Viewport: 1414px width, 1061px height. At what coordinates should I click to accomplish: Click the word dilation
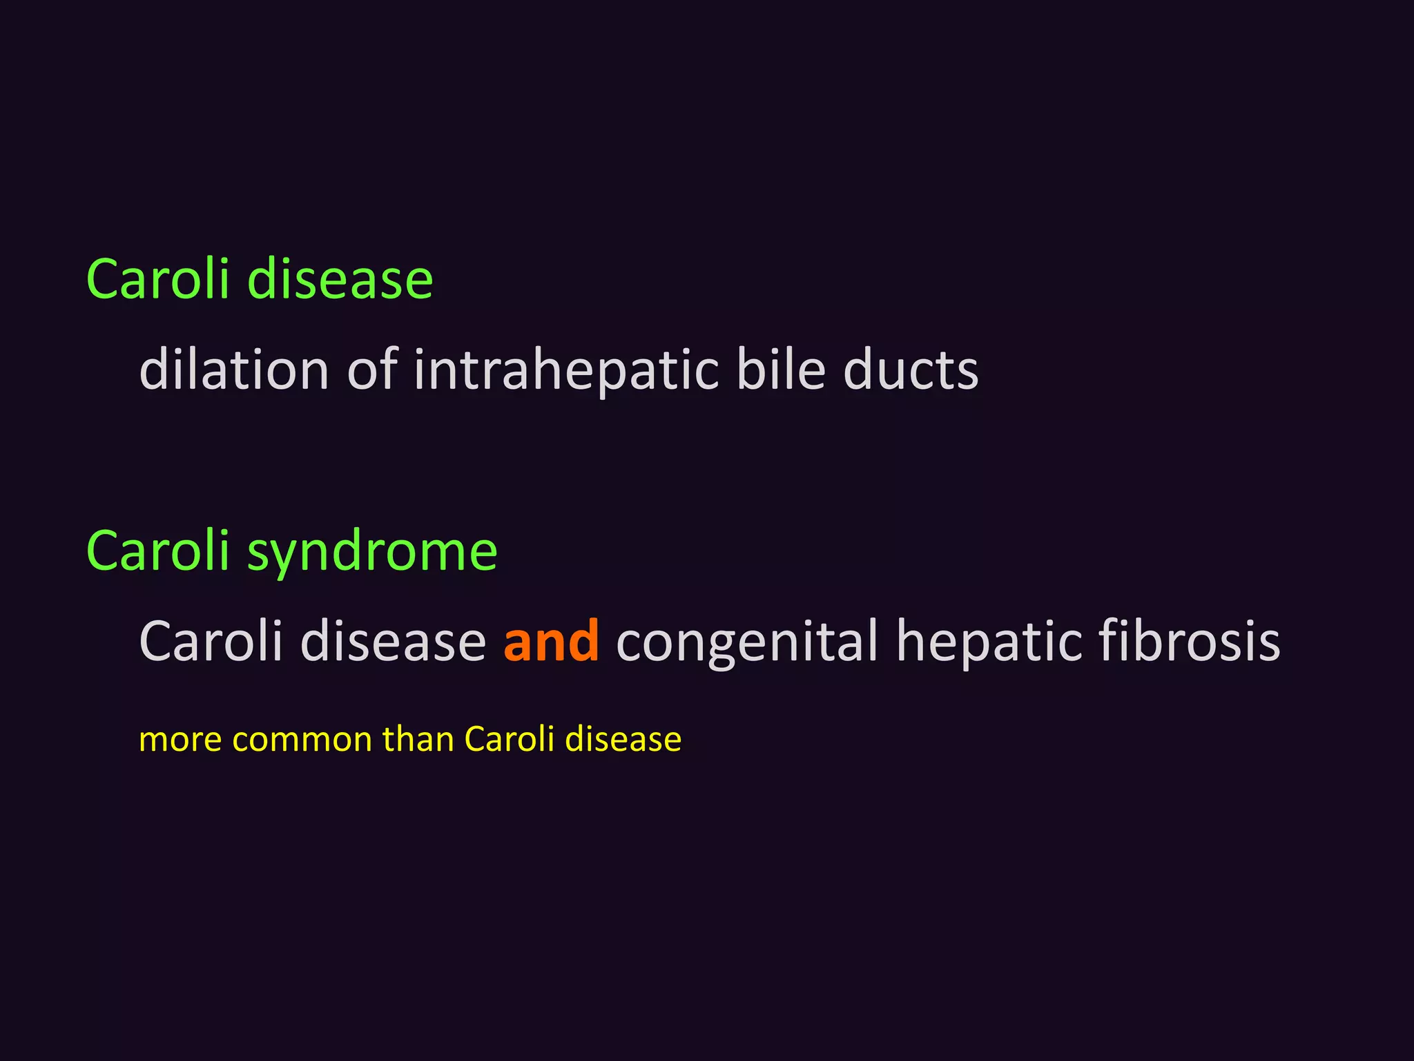pyautogui.click(x=233, y=370)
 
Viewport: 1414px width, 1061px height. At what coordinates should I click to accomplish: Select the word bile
pyautogui.click(x=780, y=370)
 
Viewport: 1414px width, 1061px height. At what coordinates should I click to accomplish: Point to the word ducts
pyautogui.click(x=911, y=370)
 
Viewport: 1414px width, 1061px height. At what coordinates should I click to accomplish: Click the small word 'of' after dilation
pyautogui.click(x=372, y=370)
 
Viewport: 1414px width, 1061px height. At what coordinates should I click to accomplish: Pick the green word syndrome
pyautogui.click(x=372, y=553)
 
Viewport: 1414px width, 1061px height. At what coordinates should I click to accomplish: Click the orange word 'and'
pyautogui.click(x=551, y=641)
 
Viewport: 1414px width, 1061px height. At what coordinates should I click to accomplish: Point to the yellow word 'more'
pyautogui.click(x=180, y=740)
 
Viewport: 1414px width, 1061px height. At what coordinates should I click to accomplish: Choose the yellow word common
pyautogui.click(x=302, y=740)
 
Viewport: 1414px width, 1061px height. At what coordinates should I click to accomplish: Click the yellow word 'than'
pyautogui.click(x=418, y=738)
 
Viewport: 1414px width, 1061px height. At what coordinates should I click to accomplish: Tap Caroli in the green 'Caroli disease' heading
pyautogui.click(x=157, y=279)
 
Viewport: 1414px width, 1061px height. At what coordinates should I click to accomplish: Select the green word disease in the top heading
pyautogui.click(x=340, y=279)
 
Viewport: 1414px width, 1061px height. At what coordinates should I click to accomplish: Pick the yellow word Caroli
pyautogui.click(x=510, y=738)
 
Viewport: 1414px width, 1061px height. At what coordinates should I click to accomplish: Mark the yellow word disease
pyautogui.click(x=623, y=738)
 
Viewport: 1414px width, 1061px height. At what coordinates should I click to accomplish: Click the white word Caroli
pyautogui.click(x=211, y=641)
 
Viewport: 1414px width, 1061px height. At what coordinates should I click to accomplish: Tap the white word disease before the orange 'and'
pyautogui.click(x=394, y=641)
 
